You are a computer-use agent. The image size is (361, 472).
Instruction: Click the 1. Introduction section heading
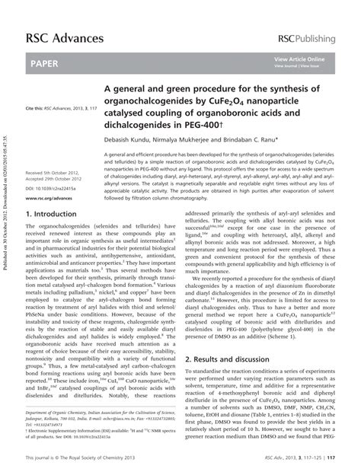(x=56, y=215)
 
